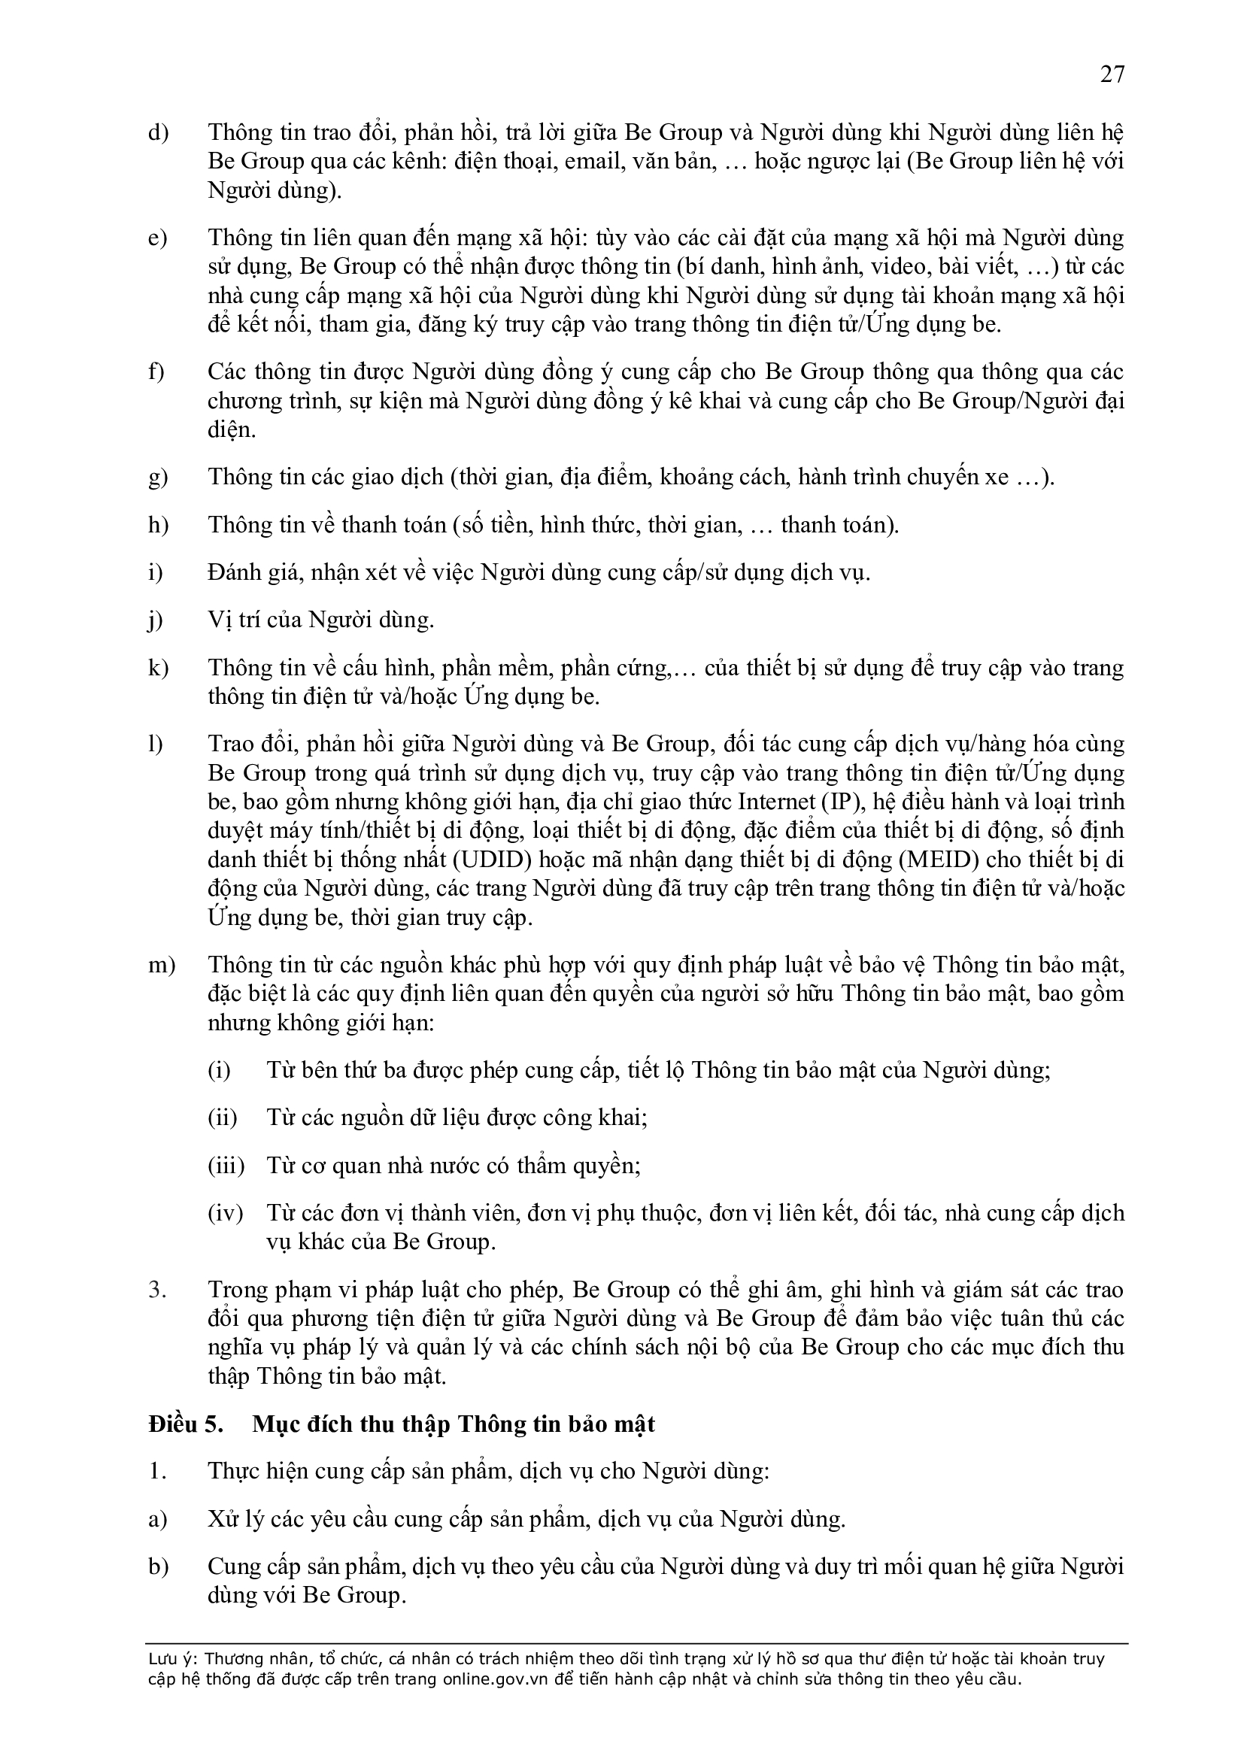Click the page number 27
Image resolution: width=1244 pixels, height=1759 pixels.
(1112, 74)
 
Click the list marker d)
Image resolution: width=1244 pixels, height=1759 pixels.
(158, 132)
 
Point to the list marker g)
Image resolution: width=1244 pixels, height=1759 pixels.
(158, 478)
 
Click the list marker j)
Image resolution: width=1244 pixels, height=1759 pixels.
(156, 620)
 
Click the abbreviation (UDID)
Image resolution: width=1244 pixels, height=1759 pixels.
(492, 860)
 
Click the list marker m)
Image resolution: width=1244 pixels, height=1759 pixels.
(161, 965)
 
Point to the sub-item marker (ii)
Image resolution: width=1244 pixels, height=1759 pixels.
(222, 1118)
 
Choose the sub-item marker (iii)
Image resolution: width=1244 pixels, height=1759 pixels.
(225, 1165)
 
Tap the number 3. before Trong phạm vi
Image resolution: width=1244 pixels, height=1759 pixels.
(157, 1290)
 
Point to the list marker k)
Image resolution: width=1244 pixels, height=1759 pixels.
(158, 668)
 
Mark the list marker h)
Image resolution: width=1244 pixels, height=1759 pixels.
(158, 526)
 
